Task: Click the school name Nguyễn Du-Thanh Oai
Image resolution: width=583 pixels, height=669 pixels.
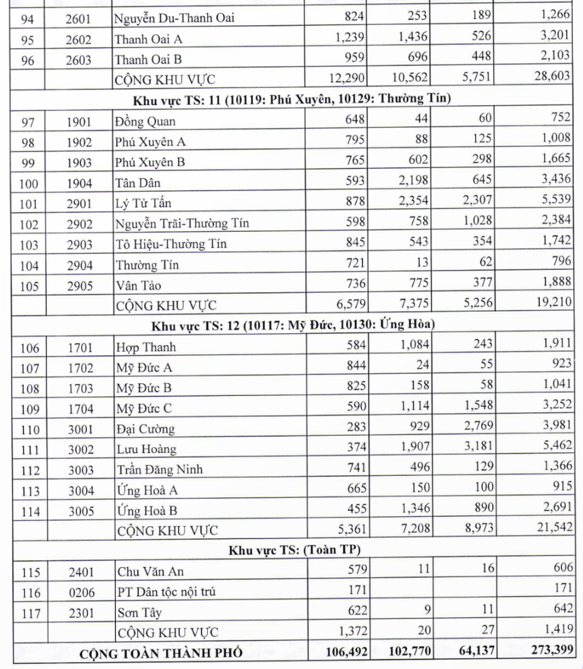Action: click(x=174, y=18)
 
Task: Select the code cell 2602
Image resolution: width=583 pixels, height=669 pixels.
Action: click(x=79, y=39)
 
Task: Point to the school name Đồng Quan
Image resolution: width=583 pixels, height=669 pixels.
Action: click(x=145, y=121)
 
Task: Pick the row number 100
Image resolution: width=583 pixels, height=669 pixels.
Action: click(x=29, y=184)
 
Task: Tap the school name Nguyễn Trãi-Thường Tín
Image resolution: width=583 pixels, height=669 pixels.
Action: click(x=182, y=224)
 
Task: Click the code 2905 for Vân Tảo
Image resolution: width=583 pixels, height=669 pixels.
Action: click(x=79, y=286)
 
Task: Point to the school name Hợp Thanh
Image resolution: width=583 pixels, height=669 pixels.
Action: click(x=145, y=347)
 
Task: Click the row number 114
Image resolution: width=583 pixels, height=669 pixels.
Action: click(x=29, y=511)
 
